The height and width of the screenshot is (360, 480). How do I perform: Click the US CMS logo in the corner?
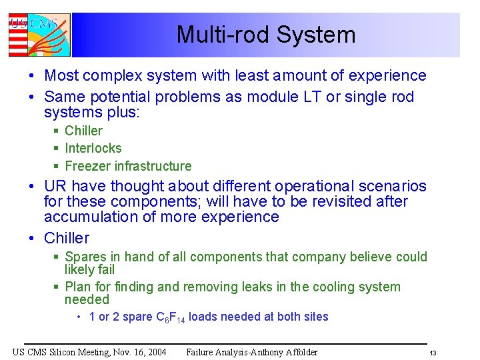click(39, 35)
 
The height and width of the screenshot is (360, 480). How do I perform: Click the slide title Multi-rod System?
click(265, 35)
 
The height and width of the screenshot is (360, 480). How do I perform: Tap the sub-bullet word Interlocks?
click(93, 148)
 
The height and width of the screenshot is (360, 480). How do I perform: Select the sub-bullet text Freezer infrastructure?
click(127, 166)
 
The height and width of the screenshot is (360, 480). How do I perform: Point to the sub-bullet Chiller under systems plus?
click(83, 131)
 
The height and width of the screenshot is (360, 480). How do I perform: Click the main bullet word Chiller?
click(66, 238)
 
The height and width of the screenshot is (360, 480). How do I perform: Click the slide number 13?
click(432, 353)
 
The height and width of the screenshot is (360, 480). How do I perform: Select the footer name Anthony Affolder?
click(279, 352)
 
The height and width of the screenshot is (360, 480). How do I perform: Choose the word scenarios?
click(389, 186)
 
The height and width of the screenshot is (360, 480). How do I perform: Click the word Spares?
click(85, 257)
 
